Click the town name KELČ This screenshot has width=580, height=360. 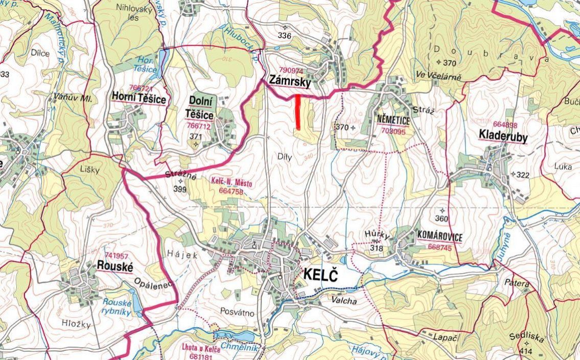[321, 275]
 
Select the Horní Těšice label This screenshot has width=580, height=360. [138, 99]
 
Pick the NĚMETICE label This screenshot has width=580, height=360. [393, 120]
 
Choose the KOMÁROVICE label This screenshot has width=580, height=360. [439, 237]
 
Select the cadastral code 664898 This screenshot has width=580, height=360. [505, 125]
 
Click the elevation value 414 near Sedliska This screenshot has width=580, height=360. [525, 351]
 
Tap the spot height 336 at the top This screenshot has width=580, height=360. [285, 35]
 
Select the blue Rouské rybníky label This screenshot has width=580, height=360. [117, 307]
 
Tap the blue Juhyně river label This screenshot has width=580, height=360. [505, 237]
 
